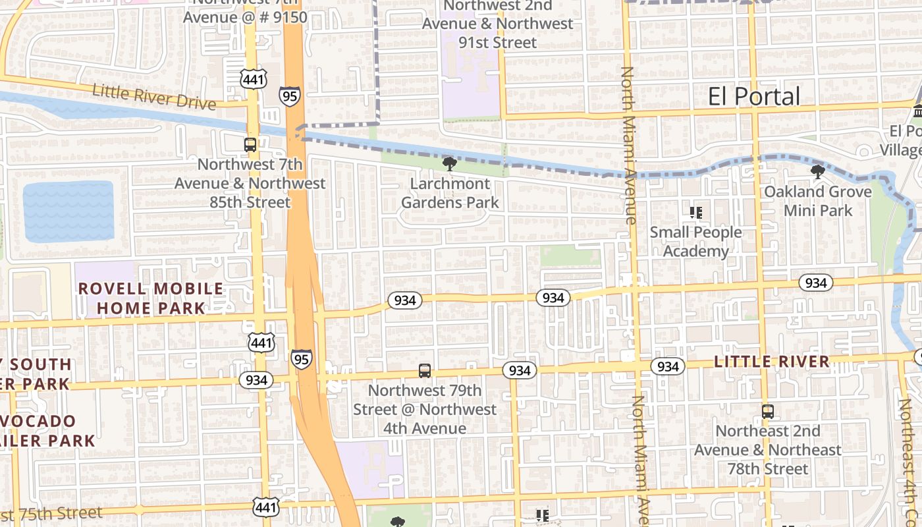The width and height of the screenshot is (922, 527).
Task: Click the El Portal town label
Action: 754,96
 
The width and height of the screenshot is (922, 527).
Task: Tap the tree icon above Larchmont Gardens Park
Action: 450,163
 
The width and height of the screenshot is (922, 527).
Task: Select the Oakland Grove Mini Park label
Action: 818,201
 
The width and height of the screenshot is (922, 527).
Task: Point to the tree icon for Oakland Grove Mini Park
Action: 818,173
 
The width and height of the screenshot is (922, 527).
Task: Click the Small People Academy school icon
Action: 696,213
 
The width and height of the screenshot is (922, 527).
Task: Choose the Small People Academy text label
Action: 695,242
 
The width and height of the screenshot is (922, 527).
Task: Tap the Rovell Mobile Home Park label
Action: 151,298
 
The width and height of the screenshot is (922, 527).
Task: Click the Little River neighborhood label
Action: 772,361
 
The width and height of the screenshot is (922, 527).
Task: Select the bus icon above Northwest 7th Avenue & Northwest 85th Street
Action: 250,145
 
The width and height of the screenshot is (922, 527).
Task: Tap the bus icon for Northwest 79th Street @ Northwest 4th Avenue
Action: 425,371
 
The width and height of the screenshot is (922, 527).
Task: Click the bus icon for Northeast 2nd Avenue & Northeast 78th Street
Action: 768,412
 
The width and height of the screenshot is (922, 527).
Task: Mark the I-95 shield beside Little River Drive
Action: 289,95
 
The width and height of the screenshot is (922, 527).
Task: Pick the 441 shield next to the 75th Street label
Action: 265,507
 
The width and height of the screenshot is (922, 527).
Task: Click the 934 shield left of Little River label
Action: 668,366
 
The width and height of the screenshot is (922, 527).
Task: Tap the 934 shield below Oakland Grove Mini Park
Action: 816,283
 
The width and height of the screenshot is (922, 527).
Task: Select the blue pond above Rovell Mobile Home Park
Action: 68,211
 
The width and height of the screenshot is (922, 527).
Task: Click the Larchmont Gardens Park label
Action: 450,192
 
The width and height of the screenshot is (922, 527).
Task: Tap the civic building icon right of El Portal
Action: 917,111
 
